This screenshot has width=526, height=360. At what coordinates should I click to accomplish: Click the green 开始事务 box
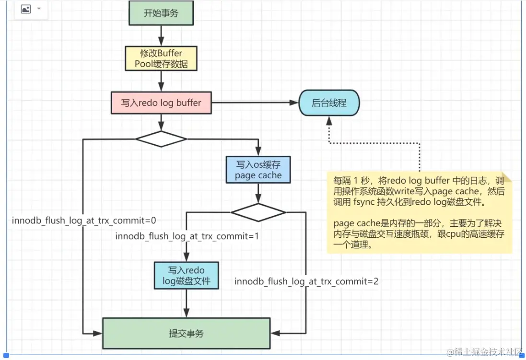161,13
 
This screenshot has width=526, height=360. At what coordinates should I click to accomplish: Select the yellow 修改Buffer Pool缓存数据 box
161,58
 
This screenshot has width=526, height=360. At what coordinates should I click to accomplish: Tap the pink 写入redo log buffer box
161,103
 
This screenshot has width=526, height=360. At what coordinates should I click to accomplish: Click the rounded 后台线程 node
329,103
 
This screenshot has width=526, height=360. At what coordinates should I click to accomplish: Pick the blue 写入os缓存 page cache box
258,170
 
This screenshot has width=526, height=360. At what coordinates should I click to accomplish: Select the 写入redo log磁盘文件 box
186,275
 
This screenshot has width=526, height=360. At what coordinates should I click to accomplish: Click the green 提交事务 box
186,333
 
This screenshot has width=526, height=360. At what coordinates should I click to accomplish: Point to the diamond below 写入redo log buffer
161,139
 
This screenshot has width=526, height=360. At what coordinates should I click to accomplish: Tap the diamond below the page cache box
258,212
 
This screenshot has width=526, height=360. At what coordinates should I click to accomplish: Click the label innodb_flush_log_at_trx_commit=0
84,220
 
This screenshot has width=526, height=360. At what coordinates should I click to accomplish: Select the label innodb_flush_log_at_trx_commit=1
187,236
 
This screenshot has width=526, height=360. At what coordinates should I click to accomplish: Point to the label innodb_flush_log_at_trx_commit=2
306,281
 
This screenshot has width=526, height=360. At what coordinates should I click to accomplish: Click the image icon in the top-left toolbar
26,9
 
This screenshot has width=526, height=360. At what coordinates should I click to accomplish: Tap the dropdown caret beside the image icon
39,9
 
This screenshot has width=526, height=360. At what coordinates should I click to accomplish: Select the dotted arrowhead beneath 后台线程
329,123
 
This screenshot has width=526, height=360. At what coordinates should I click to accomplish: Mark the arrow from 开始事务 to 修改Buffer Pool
161,35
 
